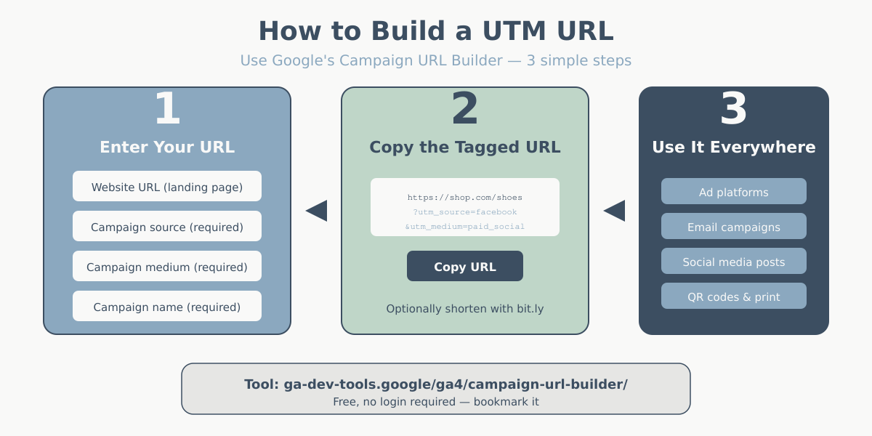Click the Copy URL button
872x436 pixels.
pos(465,266)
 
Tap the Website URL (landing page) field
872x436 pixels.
pos(167,187)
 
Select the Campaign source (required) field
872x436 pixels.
pos(167,227)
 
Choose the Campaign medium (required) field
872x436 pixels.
pos(167,267)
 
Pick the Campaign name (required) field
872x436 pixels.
pos(167,307)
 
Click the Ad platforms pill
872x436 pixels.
pos(734,192)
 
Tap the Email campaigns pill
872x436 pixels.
pos(734,227)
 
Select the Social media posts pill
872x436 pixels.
pos(734,262)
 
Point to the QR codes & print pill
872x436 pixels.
pos(734,296)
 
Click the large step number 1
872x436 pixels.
pos(167,109)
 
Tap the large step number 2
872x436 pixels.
pos(465,109)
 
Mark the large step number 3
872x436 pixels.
pos(734,109)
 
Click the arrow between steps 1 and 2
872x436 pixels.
pos(317,211)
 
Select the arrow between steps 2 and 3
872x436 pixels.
pos(615,211)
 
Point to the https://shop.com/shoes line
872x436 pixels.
pos(465,197)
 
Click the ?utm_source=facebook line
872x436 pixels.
pos(465,211)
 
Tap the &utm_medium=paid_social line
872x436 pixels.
pos(465,226)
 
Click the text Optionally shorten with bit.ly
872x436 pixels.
pos(465,309)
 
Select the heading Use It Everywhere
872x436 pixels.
pos(734,147)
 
